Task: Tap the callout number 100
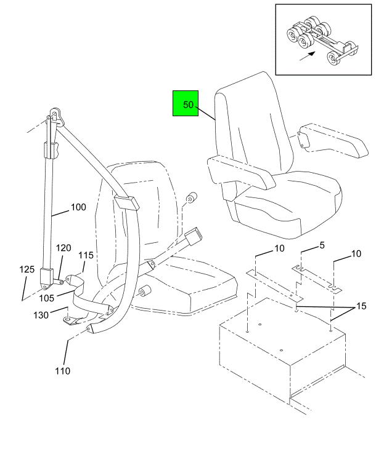pyautogui.click(x=78, y=207)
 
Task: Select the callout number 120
pyautogui.click(x=64, y=248)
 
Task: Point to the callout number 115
pyautogui.click(x=86, y=255)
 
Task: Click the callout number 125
pyautogui.click(x=27, y=269)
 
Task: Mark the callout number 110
pyautogui.click(x=62, y=371)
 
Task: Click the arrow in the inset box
pyautogui.click(x=306, y=57)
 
